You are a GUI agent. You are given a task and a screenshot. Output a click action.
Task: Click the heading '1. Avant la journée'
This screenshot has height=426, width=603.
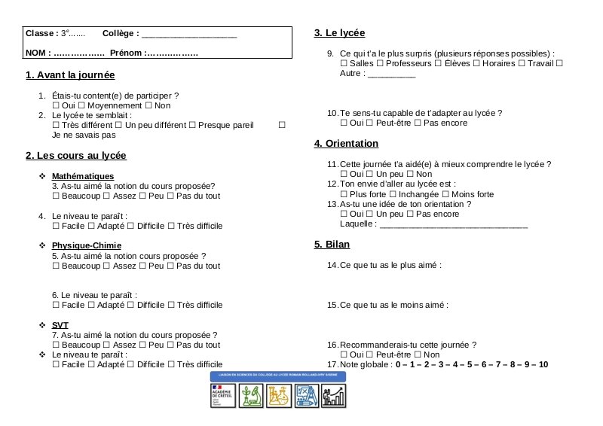coord(70,75)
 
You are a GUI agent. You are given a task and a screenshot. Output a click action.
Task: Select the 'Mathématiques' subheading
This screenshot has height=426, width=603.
coord(83,176)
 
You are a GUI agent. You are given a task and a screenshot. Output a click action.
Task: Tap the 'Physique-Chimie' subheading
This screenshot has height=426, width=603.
coord(86,245)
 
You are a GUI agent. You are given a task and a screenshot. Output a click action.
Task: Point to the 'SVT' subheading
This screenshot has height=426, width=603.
coord(60,325)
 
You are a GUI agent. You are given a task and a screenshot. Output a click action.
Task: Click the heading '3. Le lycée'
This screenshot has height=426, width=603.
coord(339,33)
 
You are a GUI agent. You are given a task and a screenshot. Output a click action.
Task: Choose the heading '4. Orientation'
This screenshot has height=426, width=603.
coord(346,143)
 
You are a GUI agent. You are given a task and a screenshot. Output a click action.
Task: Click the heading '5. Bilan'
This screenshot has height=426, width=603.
coord(332,245)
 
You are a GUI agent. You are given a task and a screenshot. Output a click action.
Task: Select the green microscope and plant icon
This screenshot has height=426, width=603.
coord(250,394)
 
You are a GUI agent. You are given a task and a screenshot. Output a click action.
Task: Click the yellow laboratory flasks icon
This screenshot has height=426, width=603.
coord(279,394)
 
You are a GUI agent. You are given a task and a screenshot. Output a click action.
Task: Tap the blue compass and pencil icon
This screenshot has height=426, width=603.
coord(307,394)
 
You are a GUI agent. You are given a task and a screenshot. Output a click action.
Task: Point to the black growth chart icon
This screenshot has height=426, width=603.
coord(334,394)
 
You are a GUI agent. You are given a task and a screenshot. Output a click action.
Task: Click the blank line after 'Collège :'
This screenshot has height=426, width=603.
coord(189,35)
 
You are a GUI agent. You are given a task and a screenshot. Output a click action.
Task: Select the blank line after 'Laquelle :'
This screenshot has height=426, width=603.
coord(453,224)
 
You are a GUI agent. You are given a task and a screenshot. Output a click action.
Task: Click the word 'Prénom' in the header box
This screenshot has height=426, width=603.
coord(125,53)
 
